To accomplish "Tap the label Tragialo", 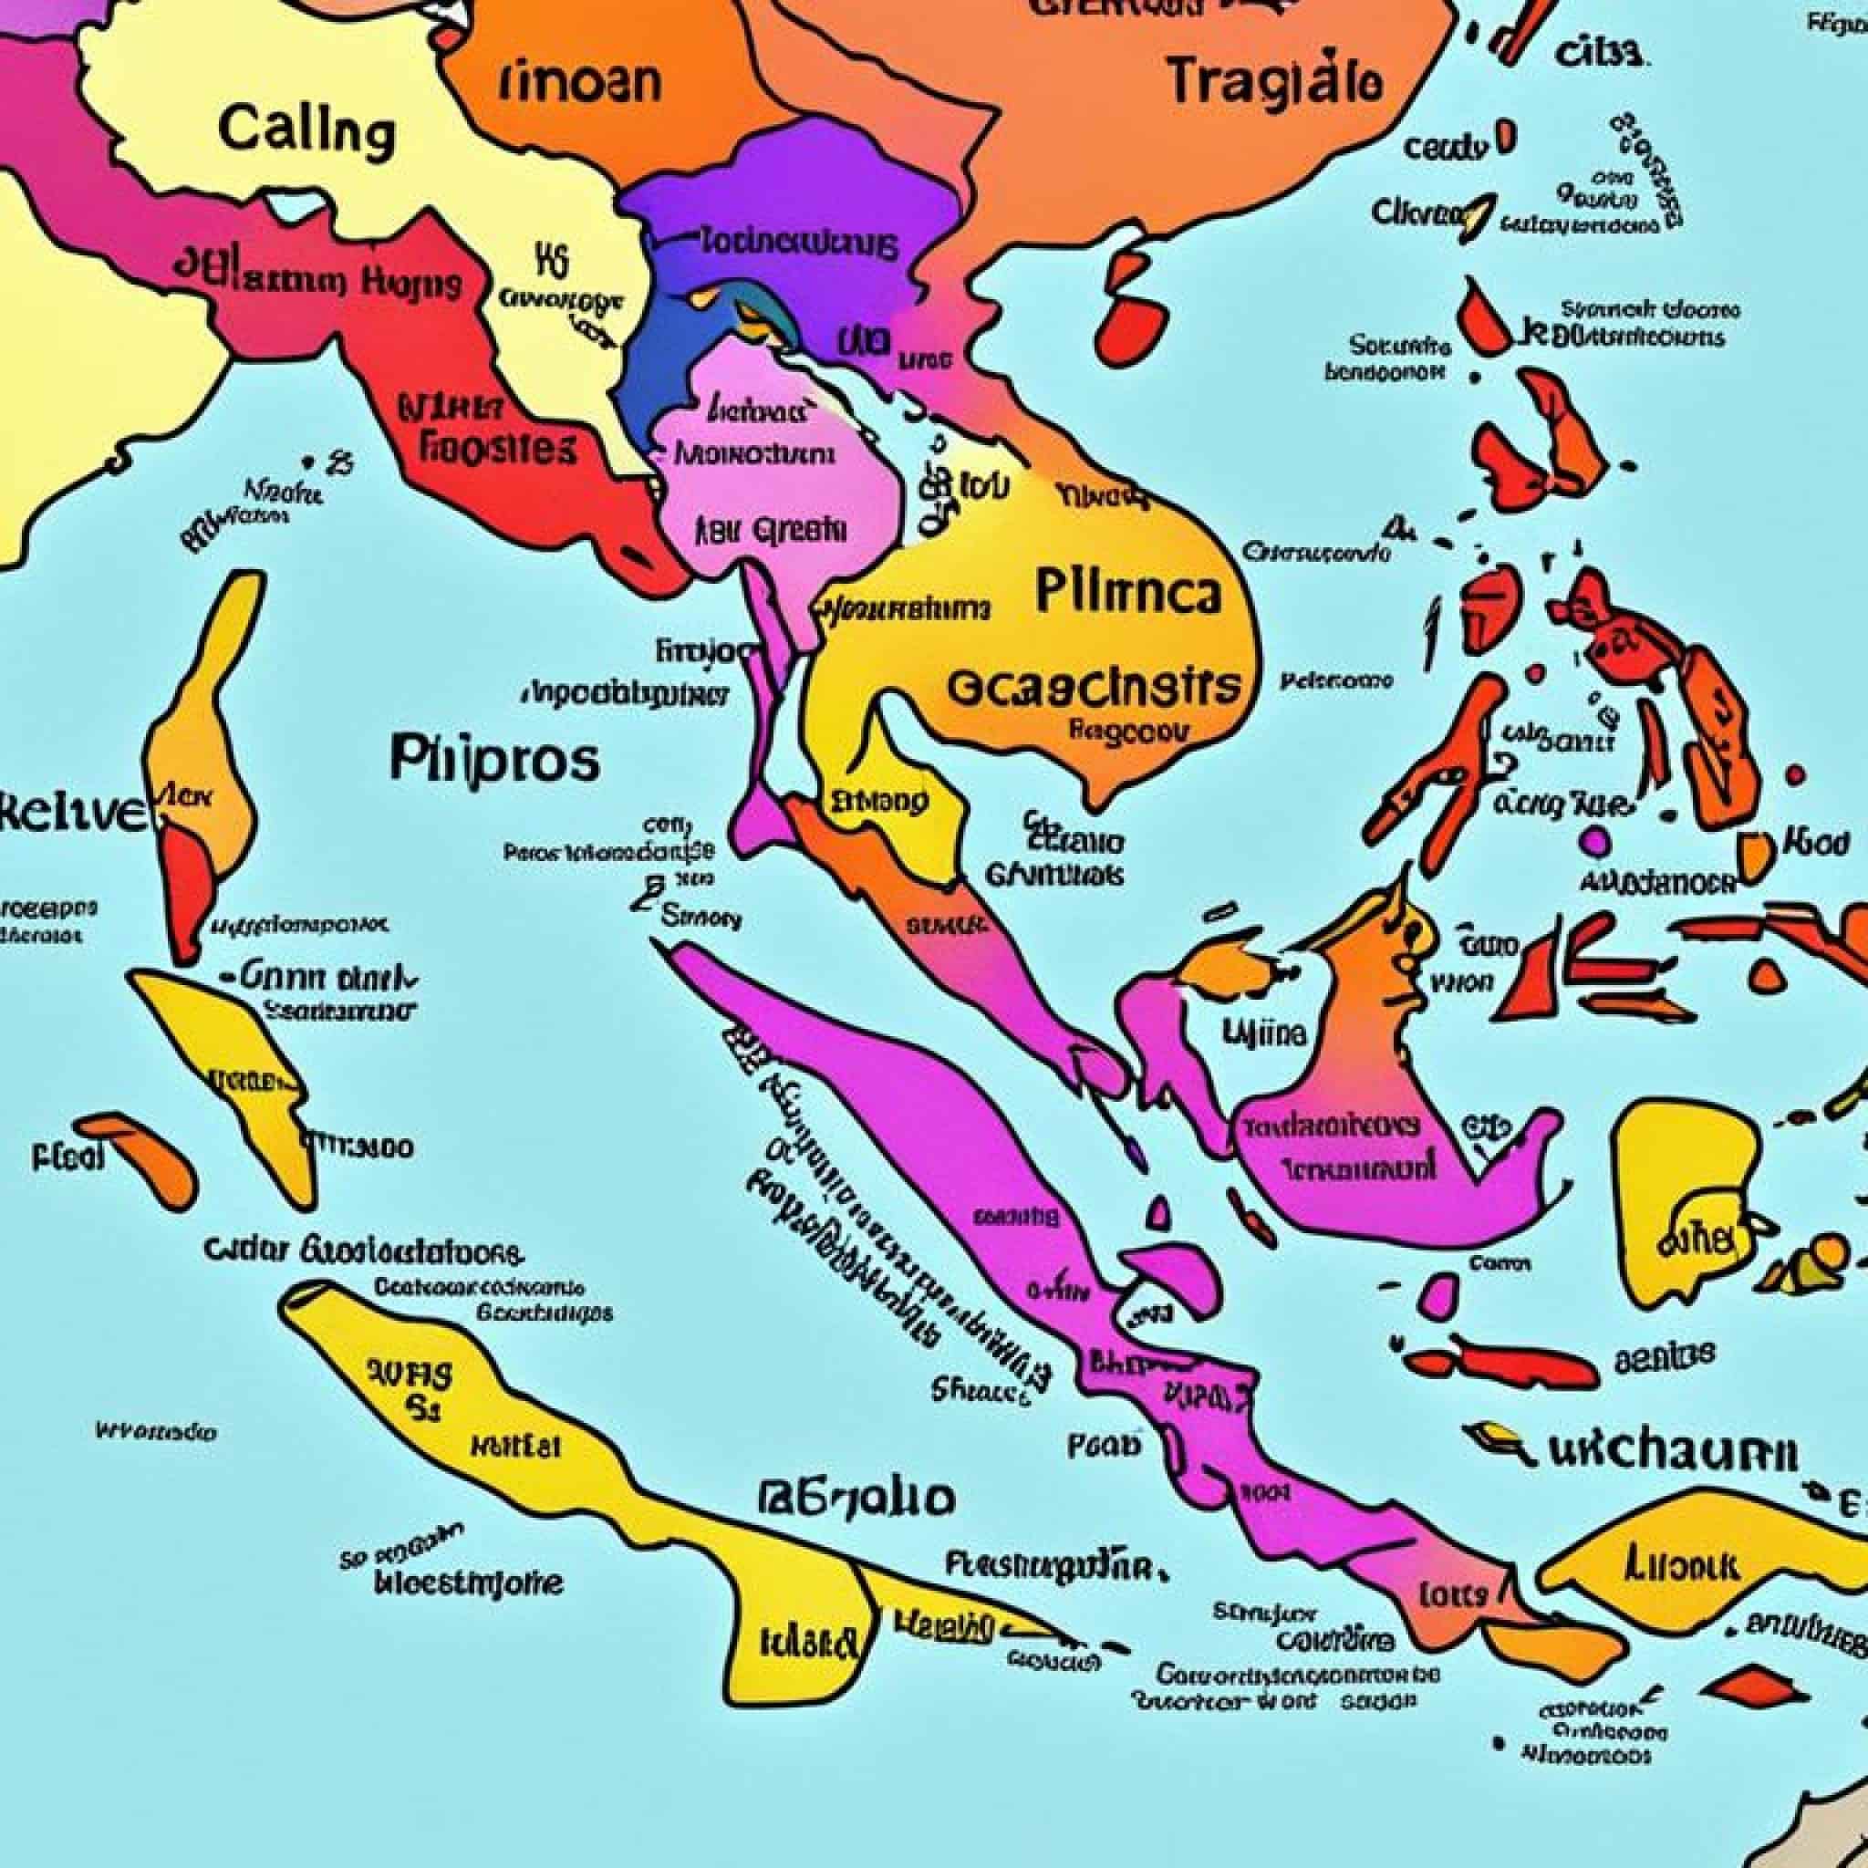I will [x=1273, y=81].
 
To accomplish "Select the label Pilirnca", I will [x=1127, y=592].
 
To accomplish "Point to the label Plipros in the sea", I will [x=494, y=759].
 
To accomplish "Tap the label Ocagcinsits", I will [x=1093, y=687].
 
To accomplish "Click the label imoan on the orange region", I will [x=581, y=83].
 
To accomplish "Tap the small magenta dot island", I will [x=1595, y=841].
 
